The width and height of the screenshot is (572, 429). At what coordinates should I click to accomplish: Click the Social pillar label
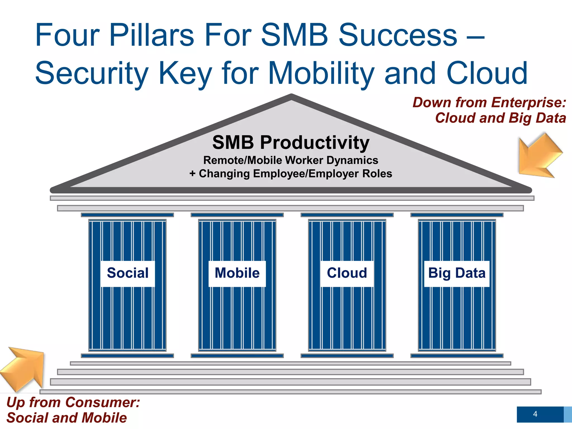[128, 273]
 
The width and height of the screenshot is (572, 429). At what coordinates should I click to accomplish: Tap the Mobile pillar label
[237, 273]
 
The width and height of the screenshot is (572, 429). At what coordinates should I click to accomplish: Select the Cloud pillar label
[347, 273]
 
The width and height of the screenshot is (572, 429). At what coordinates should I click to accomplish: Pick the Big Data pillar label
[457, 273]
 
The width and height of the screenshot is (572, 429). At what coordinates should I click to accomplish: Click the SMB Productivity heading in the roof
[291, 142]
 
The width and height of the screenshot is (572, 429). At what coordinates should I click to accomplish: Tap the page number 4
[535, 414]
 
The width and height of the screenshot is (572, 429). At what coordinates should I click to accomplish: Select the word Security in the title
[92, 73]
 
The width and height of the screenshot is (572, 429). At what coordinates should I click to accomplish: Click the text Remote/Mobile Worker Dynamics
[291, 160]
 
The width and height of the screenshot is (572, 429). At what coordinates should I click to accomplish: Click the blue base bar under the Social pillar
[127, 356]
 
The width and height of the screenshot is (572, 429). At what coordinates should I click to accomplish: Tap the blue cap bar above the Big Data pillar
[457, 215]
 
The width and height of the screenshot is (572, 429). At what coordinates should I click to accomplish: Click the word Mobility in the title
[321, 73]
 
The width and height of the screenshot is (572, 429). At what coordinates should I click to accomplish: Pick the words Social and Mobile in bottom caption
[66, 418]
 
